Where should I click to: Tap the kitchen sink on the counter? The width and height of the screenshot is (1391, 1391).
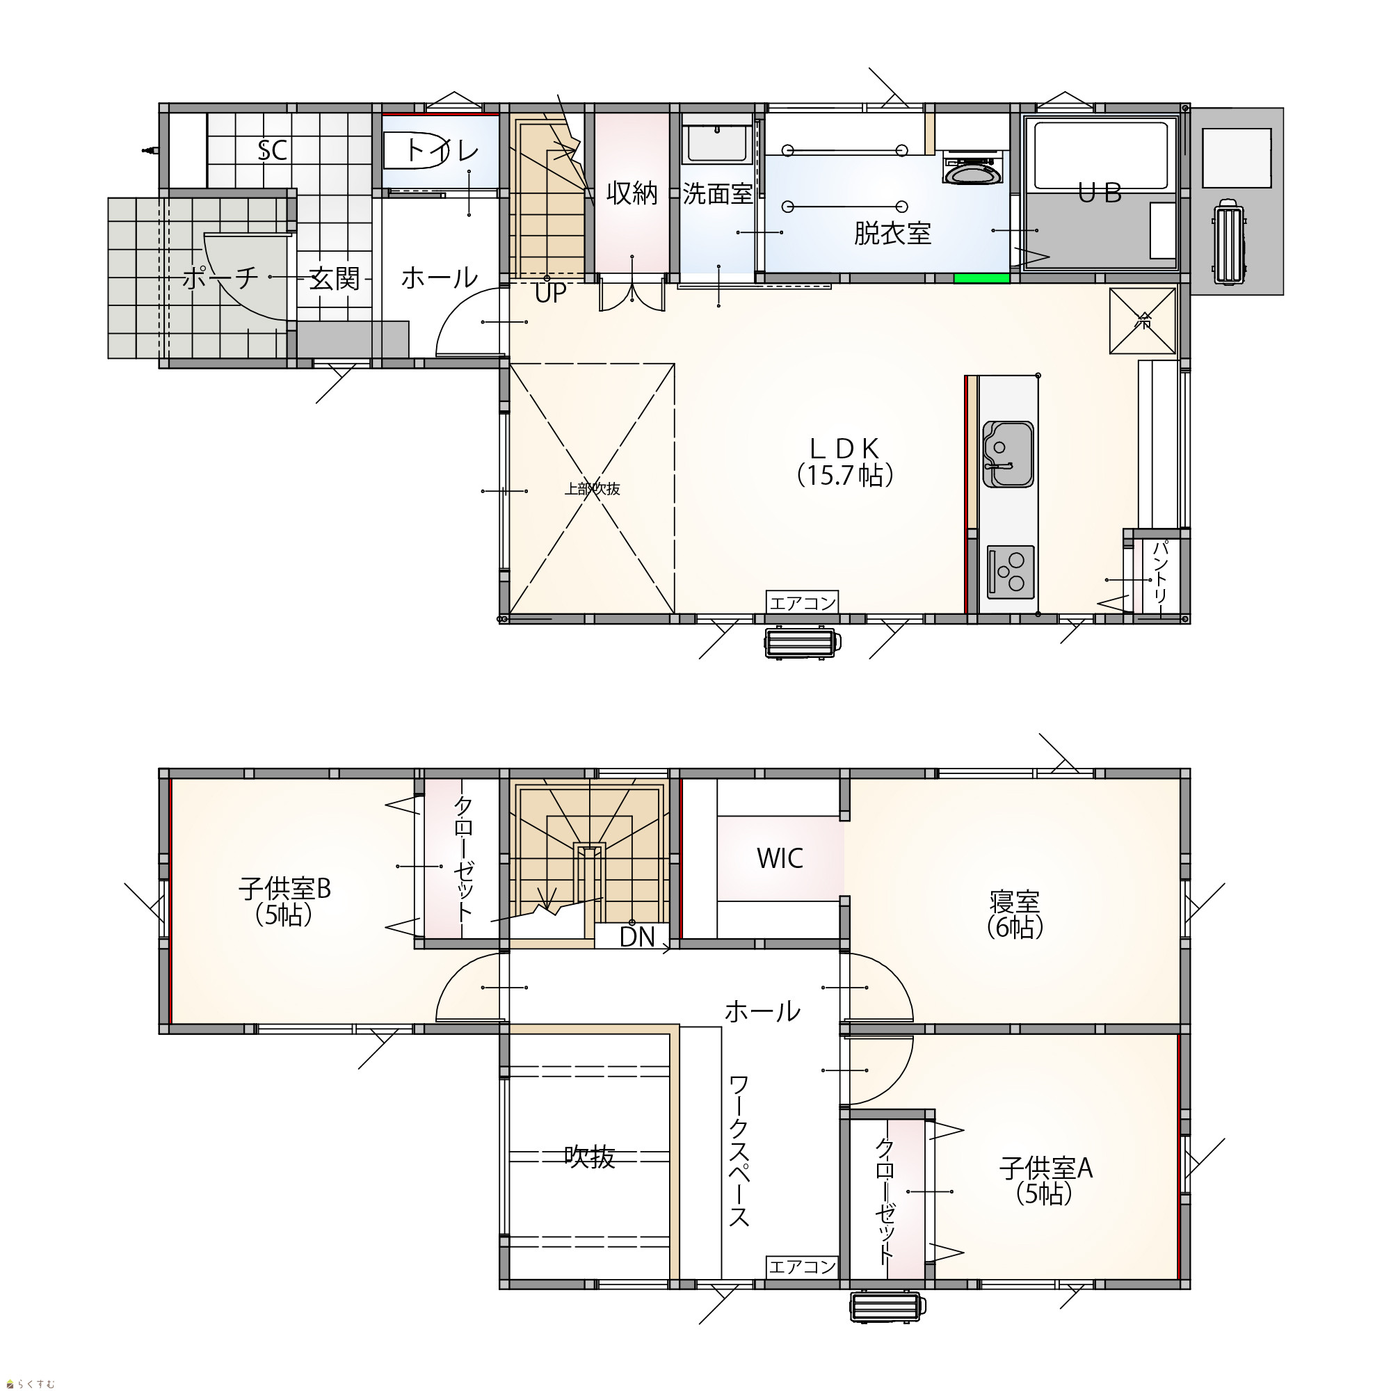1008,454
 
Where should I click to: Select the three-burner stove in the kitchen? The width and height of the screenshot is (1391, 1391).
1010,572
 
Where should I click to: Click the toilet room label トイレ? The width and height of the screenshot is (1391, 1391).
442,150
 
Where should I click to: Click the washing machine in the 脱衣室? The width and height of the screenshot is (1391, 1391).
973,168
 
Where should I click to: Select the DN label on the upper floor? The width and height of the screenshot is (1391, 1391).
637,937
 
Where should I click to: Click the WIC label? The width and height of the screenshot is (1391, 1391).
780,858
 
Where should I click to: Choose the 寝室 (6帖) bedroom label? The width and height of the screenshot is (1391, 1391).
1015,915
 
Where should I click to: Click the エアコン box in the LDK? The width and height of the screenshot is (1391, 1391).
802,602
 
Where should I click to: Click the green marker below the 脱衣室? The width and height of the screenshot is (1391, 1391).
981,279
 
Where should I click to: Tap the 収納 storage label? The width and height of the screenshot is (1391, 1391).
632,193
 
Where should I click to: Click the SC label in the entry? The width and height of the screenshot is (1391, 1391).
272,150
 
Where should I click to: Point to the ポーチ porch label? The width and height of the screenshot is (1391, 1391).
220,278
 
